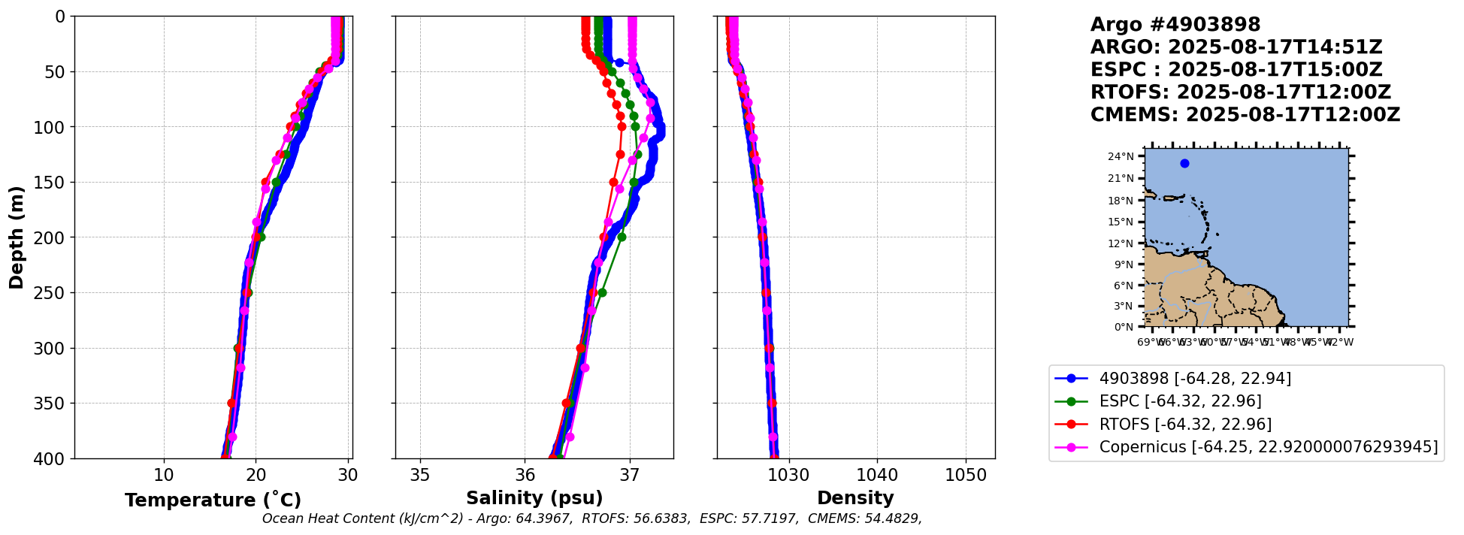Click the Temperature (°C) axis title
pos(213,500)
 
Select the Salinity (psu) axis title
pos(534,498)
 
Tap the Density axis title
pos(855,498)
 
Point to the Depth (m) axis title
pos(17,237)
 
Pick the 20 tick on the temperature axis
pos(256,476)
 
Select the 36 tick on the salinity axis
pos(525,476)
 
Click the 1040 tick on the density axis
pos(877,476)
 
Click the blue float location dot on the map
pos(1184,163)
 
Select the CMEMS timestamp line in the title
pos(1245,115)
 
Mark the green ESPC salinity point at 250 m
pos(602,292)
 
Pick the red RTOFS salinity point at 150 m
pos(613,183)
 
